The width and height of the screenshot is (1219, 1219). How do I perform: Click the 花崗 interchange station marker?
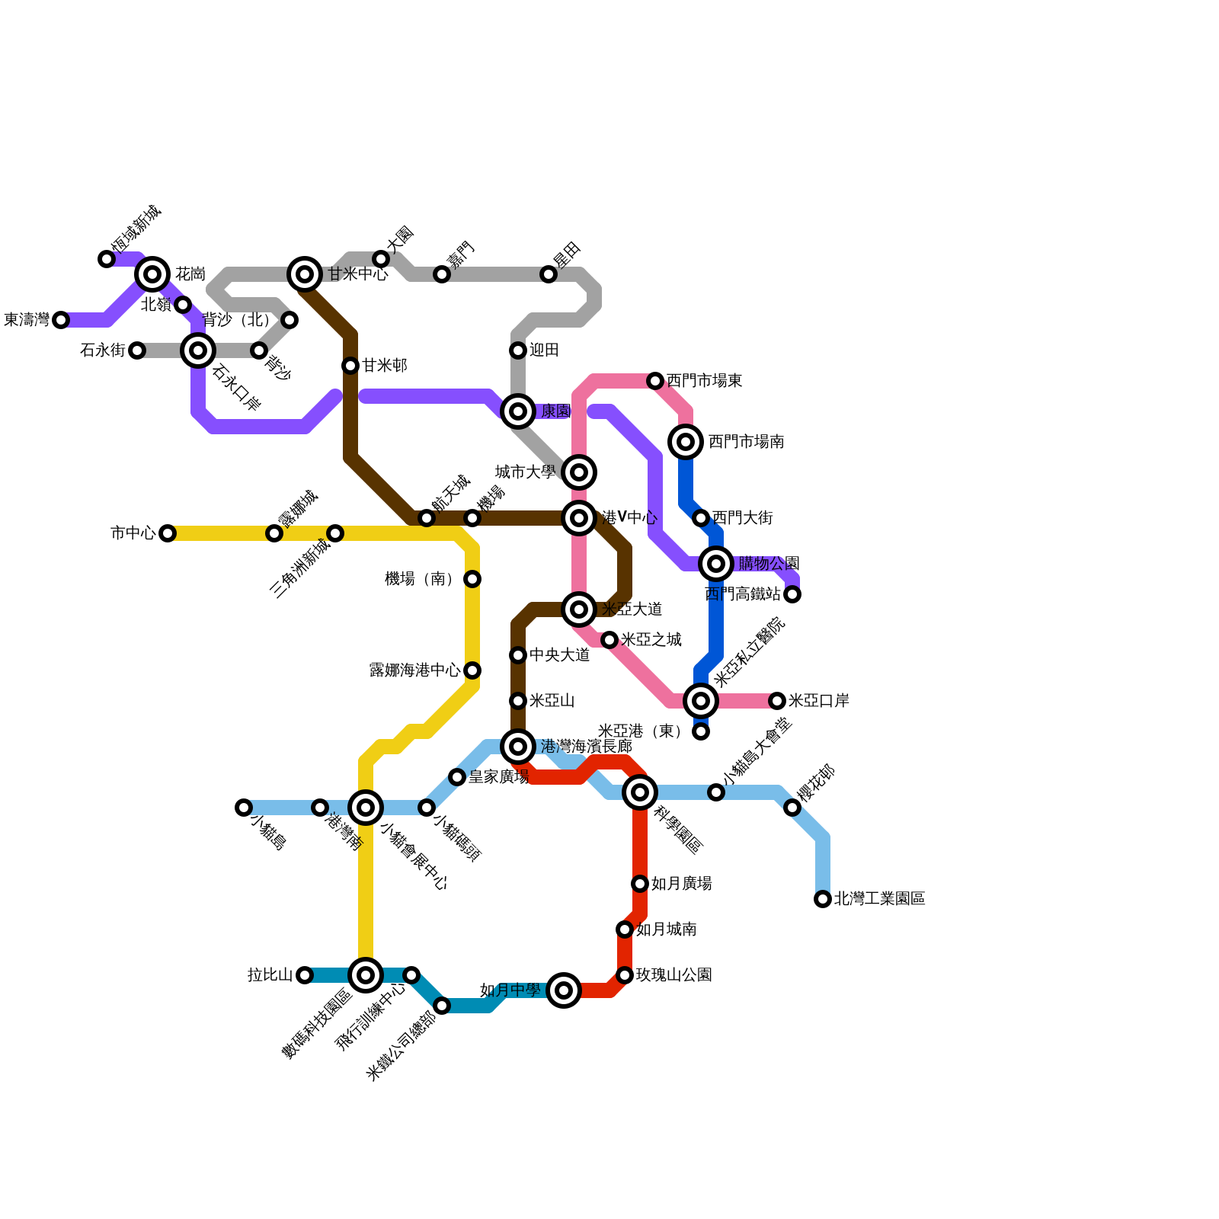point(152,274)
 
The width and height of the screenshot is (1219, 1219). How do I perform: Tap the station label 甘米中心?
point(358,274)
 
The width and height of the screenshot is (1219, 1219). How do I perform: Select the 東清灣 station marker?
point(61,320)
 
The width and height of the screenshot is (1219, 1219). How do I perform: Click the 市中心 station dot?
point(168,533)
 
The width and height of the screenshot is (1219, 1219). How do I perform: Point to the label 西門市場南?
point(746,442)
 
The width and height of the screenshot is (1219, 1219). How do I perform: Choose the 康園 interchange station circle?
point(518,411)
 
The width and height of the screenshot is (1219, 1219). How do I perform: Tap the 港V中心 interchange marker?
point(579,518)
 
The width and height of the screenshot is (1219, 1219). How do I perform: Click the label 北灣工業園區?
point(879,899)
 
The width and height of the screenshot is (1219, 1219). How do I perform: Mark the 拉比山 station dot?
point(305,975)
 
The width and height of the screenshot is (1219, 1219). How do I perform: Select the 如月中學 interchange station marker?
point(564,990)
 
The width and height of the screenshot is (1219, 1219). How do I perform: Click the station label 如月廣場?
point(681,884)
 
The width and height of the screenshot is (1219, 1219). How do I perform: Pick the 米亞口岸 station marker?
point(777,701)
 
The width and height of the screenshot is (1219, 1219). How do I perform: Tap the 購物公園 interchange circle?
point(716,564)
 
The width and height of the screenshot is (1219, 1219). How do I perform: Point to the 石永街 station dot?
point(137,350)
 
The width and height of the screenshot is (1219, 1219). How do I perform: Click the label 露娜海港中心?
point(414,670)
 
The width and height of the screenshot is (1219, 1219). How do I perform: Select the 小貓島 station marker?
point(244,808)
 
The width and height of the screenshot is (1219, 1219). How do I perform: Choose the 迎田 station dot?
point(518,350)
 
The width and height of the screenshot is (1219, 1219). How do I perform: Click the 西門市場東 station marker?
point(655,381)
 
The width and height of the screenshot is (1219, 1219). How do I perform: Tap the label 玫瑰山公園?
point(673,975)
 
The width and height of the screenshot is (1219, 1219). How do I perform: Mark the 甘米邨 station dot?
point(350,366)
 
